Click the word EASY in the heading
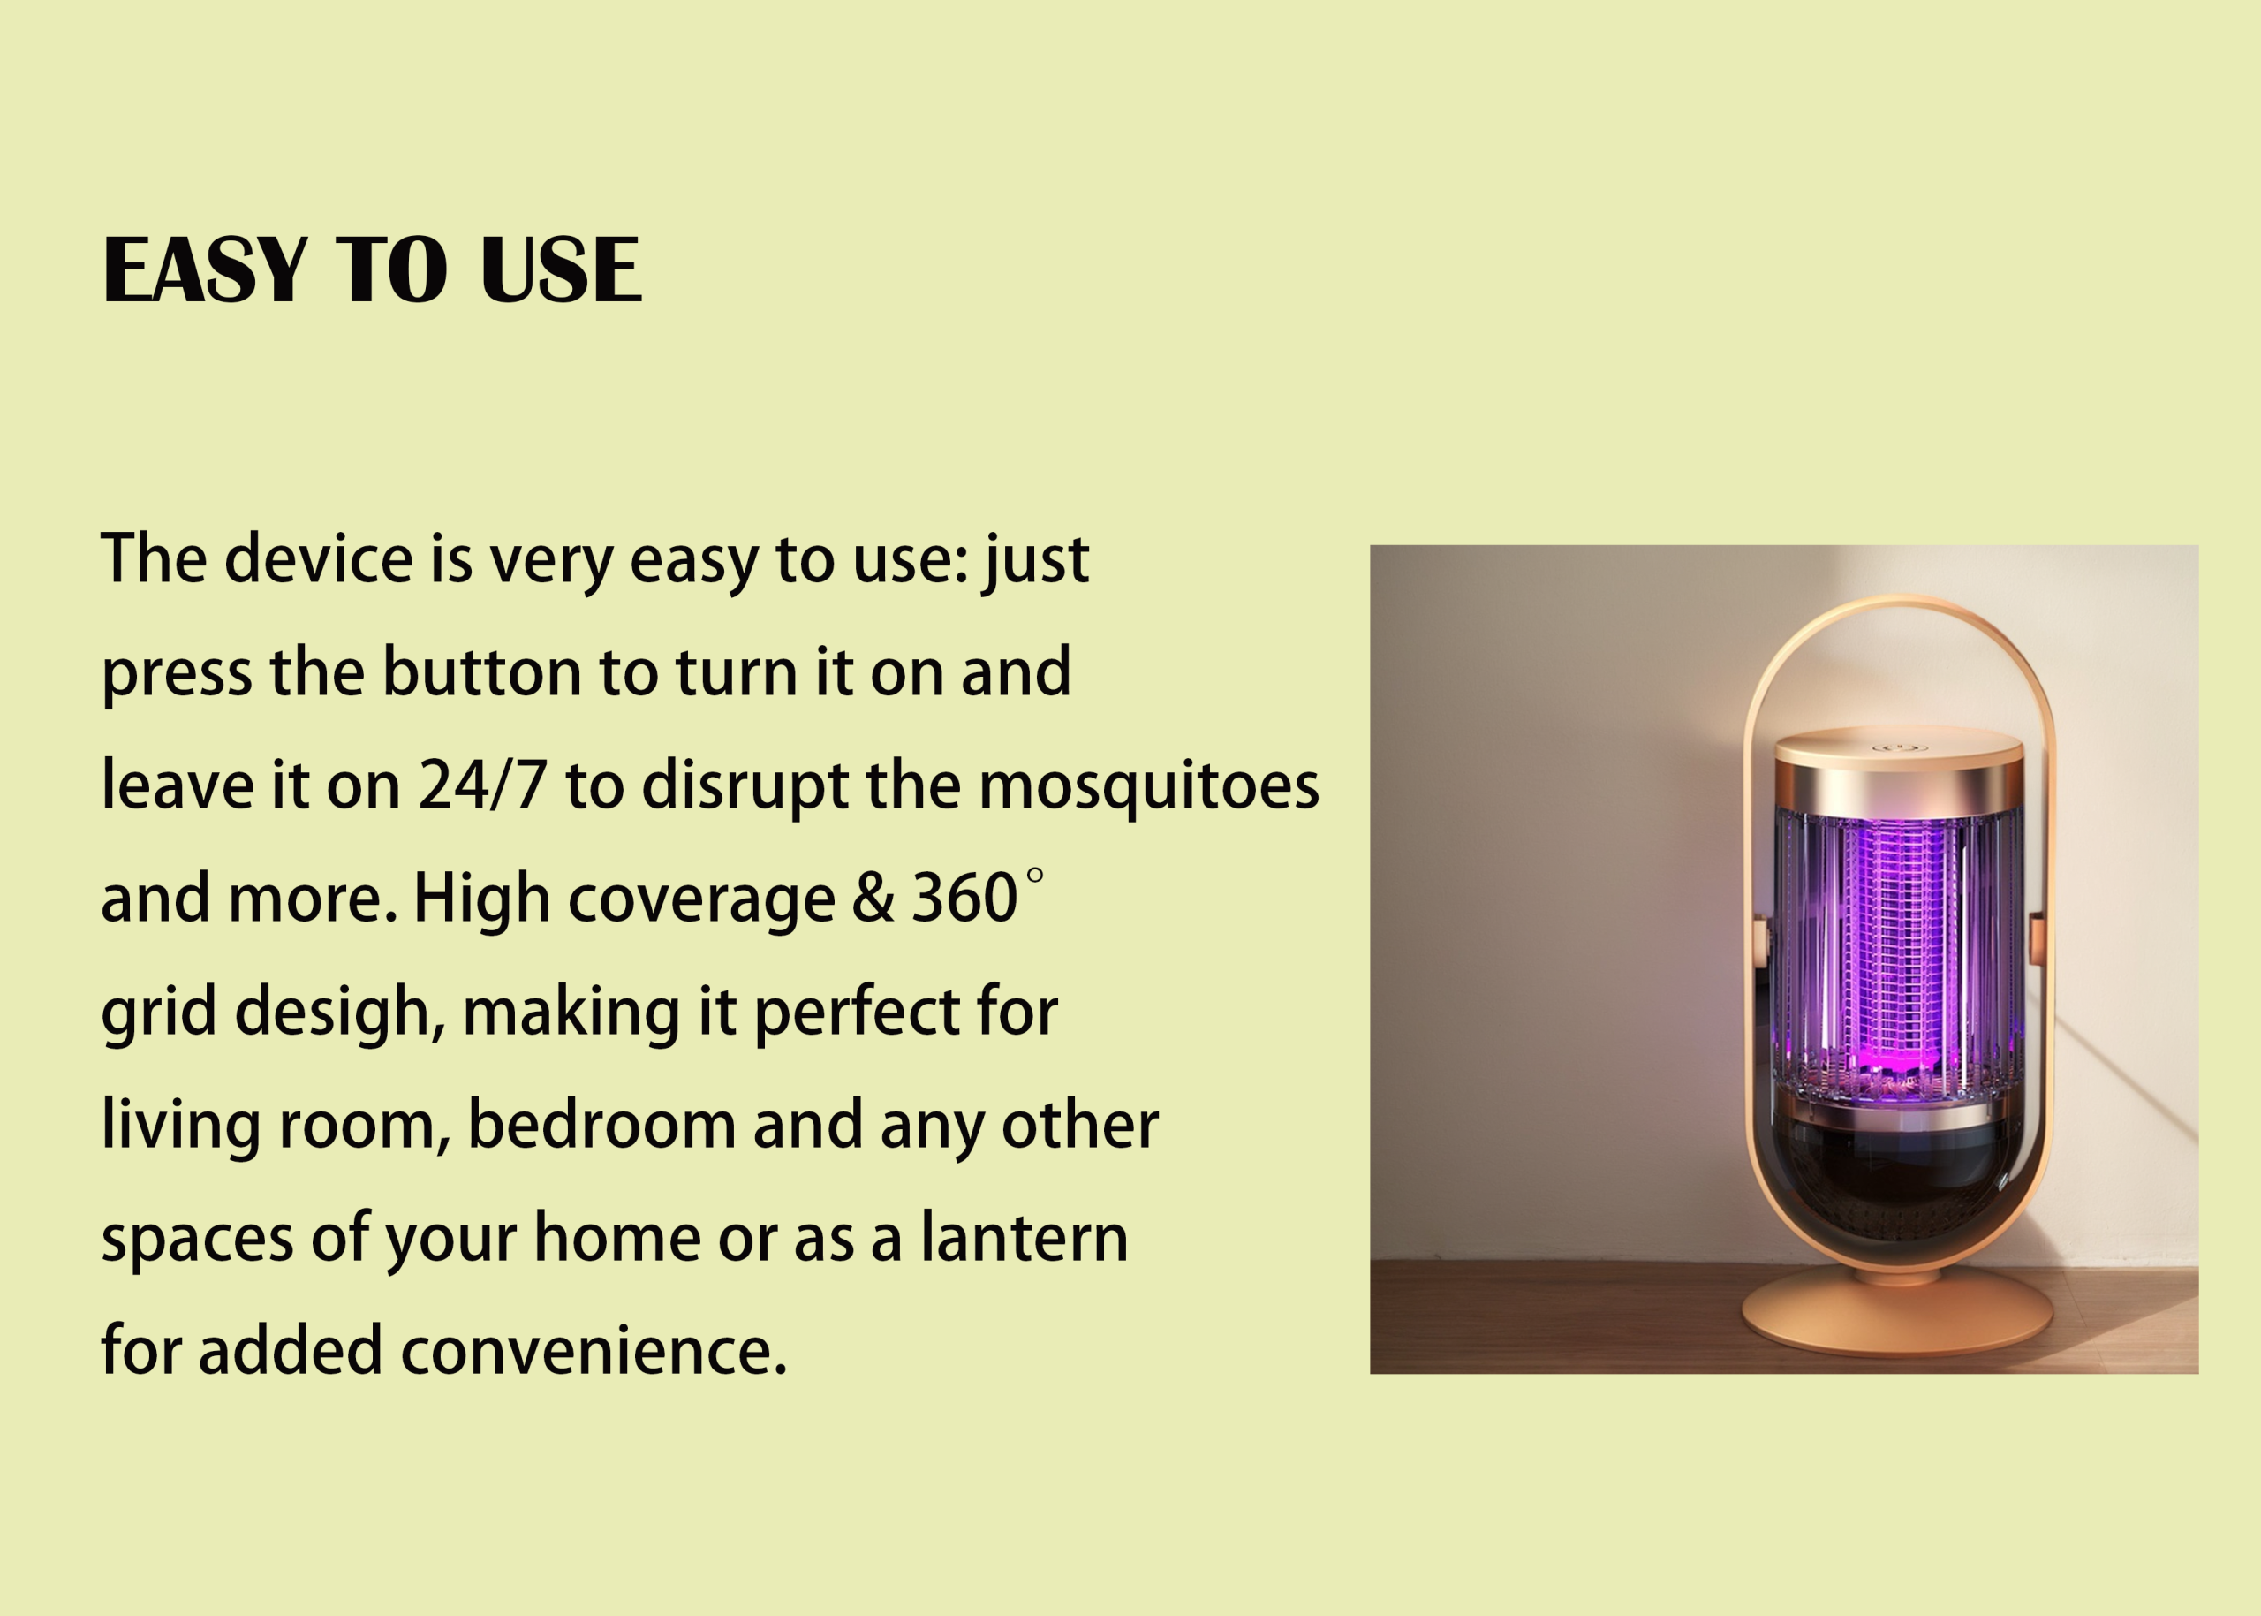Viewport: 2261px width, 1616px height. click(205, 269)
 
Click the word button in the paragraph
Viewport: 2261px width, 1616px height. click(481, 671)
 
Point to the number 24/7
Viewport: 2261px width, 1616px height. click(482, 785)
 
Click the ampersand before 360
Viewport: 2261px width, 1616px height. click(873, 899)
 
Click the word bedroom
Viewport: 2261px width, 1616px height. click(601, 1125)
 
